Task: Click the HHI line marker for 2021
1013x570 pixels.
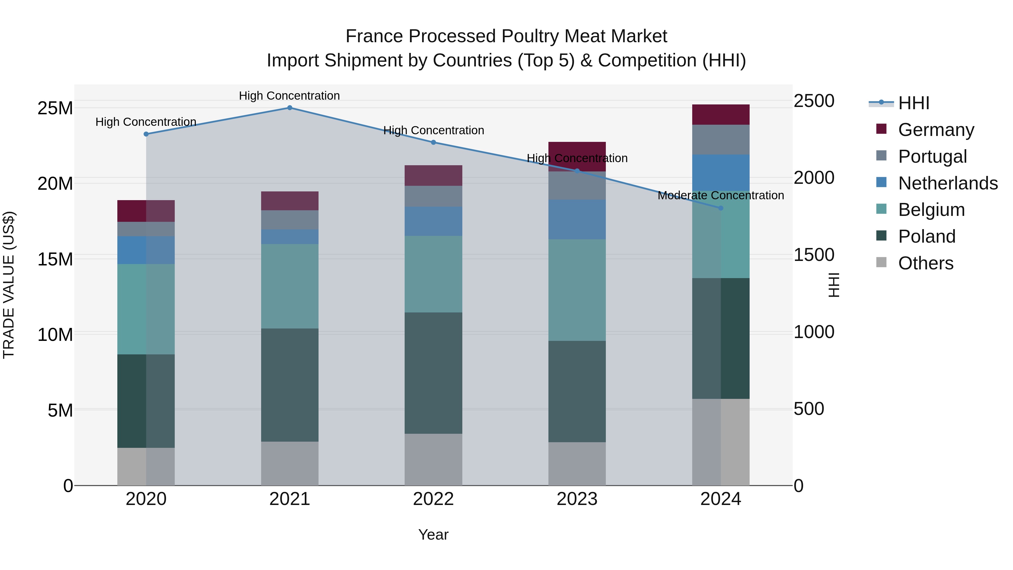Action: [x=290, y=108]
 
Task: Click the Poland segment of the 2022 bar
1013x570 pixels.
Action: [x=433, y=373]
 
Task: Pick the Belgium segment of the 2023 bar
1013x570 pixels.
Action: [x=577, y=290]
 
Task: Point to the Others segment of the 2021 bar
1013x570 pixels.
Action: [x=290, y=463]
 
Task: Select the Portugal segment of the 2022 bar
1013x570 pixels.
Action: [x=433, y=196]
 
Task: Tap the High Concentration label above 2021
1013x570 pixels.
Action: [x=290, y=96]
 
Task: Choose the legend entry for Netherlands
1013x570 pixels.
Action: [x=948, y=183]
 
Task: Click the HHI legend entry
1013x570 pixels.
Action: [x=913, y=103]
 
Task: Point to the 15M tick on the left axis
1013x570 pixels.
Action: [x=55, y=259]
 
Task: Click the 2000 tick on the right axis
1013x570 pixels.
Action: [x=813, y=178]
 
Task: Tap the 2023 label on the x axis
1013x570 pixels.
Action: [x=577, y=499]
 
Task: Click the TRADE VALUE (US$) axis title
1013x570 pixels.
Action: [x=9, y=285]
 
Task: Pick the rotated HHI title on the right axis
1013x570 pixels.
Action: [x=833, y=285]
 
